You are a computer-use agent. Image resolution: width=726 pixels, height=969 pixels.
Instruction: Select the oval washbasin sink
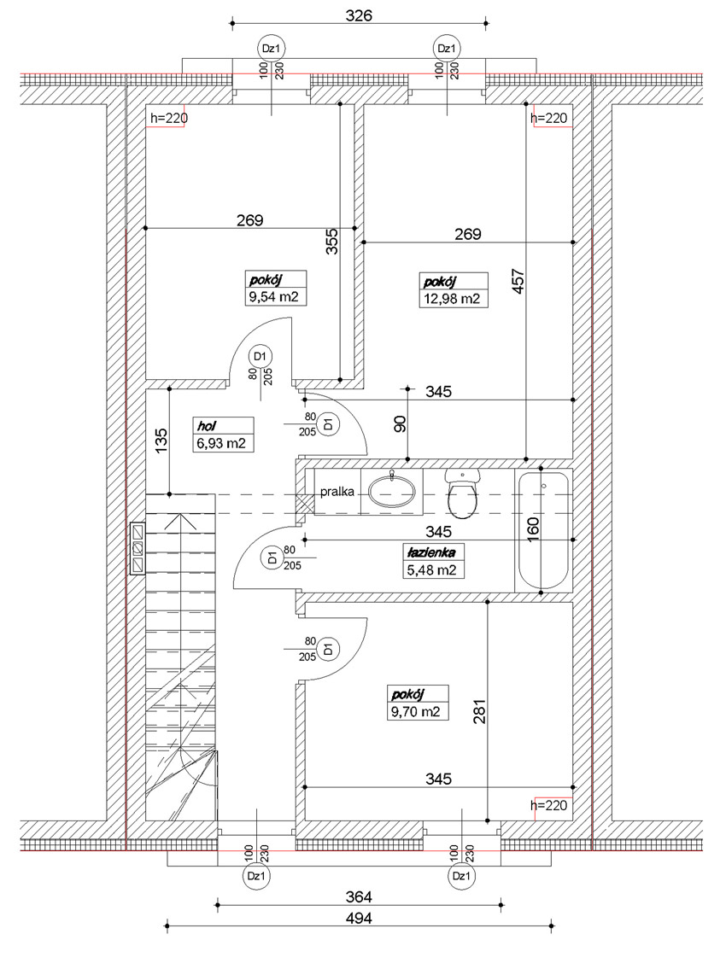click(391, 493)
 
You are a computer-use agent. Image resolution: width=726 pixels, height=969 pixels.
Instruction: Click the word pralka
click(337, 493)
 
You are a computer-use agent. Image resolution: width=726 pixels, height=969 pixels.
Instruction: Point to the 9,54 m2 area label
click(273, 297)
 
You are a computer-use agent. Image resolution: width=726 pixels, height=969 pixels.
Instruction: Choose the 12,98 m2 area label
click(451, 299)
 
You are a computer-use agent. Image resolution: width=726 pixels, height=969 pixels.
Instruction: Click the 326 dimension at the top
click(359, 15)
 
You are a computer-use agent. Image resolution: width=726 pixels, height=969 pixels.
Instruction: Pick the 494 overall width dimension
click(359, 919)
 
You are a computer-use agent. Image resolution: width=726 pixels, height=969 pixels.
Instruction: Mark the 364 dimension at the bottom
click(359, 896)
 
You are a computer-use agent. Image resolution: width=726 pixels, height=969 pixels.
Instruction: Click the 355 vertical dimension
click(333, 241)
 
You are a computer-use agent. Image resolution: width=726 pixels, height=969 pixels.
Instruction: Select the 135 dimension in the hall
click(161, 441)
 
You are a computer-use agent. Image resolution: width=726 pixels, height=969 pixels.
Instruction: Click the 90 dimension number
click(400, 424)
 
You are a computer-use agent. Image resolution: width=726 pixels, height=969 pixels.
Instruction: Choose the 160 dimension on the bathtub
click(534, 529)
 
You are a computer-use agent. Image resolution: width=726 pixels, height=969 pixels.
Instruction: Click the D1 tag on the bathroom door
click(271, 557)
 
